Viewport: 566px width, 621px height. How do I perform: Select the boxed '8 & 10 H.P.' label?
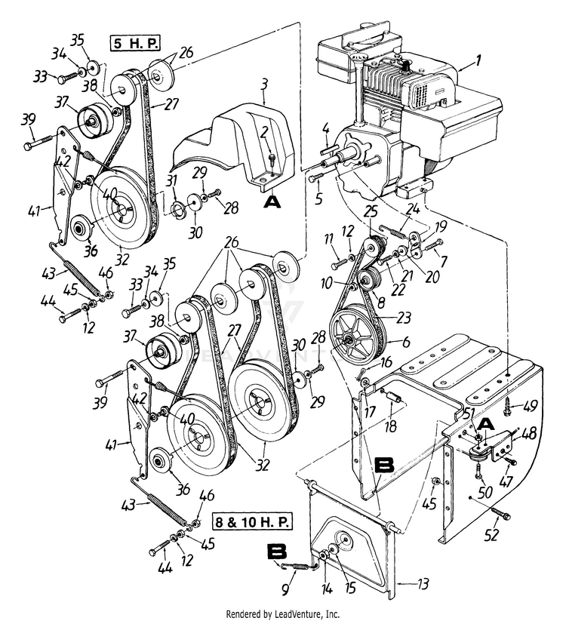[254, 522]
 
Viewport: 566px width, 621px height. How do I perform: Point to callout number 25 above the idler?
[371, 211]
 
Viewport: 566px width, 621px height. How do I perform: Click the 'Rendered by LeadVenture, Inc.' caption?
[283, 614]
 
